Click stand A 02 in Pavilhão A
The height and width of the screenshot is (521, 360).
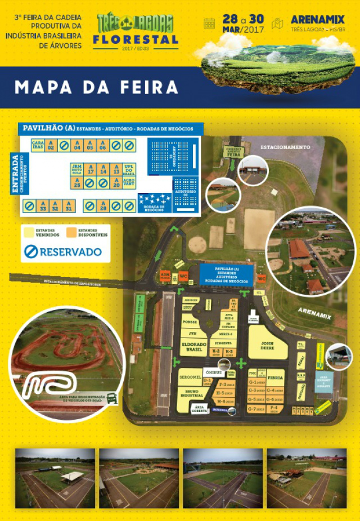tap(51, 146)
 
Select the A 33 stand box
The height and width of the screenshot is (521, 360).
tap(43, 206)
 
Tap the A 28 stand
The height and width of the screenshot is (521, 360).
tap(103, 206)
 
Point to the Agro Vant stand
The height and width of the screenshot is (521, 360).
tap(129, 183)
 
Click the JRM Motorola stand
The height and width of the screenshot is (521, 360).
tap(76, 169)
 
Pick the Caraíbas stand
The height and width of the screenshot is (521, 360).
tap(38, 146)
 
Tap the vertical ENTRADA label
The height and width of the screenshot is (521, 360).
tap(15, 174)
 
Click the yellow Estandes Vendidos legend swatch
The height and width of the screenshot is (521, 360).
tap(29, 232)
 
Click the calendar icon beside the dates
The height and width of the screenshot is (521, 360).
tap(209, 23)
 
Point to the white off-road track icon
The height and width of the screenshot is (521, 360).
tap(52, 385)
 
